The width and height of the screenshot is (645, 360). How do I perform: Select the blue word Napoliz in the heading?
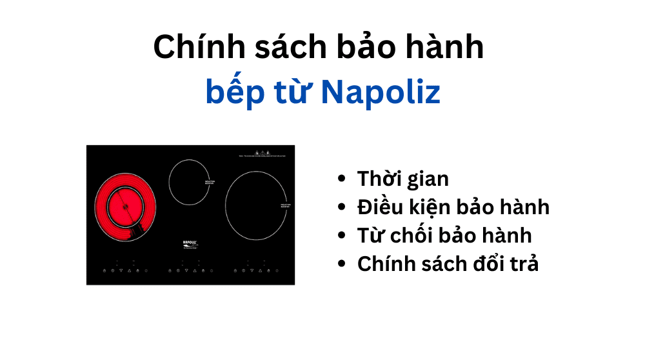[381, 93]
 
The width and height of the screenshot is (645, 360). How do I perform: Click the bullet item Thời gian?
[402, 179]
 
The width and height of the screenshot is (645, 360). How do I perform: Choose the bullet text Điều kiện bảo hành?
[453, 207]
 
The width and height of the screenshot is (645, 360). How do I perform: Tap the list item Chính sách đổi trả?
[448, 264]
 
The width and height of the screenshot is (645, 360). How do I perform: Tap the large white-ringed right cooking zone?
[256, 205]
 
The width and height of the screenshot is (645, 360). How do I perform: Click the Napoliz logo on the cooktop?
[190, 244]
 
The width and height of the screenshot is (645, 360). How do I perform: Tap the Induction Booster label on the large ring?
[287, 205]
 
